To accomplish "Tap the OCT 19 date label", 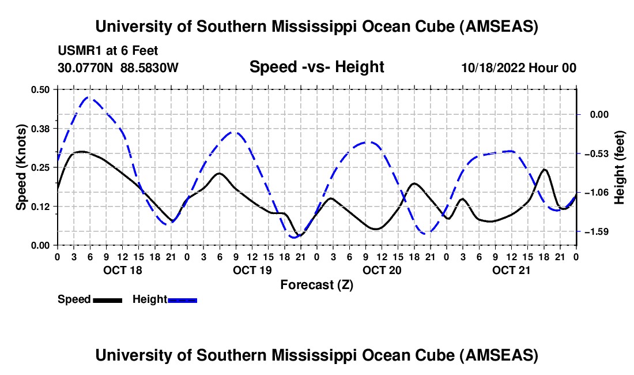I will tap(251, 270).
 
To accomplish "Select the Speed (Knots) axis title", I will tap(21, 167).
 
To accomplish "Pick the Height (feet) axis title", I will tap(620, 168).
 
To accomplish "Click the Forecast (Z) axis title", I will tap(316, 284).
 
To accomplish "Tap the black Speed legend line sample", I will tap(107, 299).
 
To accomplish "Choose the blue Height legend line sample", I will tap(183, 299).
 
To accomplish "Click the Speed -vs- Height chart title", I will tap(316, 67).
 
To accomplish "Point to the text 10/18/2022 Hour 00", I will tap(519, 68).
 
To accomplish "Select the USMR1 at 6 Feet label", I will tap(108, 51).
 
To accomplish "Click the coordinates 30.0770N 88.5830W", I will tap(118, 68).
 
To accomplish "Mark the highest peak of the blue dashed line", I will tap(88, 97).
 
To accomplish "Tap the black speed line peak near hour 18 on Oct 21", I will tap(545, 170).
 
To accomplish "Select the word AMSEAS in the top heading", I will tap(500, 27).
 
